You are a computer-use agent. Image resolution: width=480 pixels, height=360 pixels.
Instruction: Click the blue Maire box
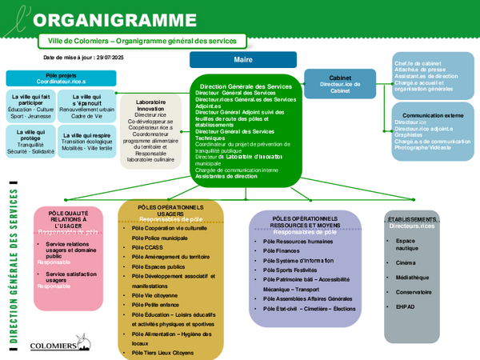pyautogui.click(x=238, y=60)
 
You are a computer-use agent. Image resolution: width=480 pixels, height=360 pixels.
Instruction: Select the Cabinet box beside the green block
pyautogui.click(x=339, y=85)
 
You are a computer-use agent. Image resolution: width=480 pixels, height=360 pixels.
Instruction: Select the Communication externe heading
pyautogui.click(x=426, y=115)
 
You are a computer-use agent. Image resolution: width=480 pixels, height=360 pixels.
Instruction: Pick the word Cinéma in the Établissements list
pyautogui.click(x=406, y=262)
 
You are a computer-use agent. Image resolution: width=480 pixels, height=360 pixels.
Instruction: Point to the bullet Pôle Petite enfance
pyautogui.click(x=156, y=305)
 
